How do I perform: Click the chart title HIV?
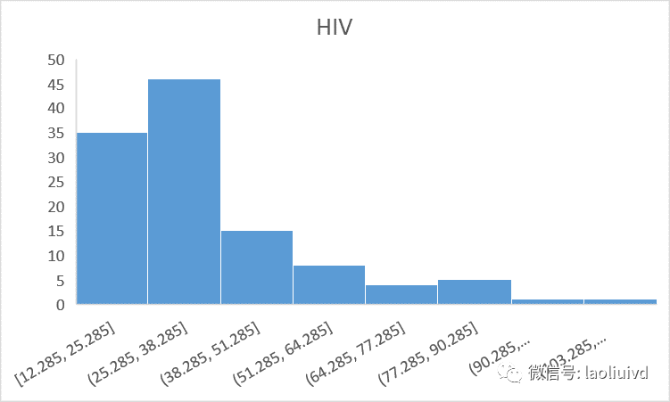(x=335, y=28)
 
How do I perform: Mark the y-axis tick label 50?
(x=56, y=60)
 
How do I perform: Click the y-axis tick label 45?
(x=56, y=85)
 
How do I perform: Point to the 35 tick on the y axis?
(x=56, y=134)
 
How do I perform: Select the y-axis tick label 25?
(x=56, y=183)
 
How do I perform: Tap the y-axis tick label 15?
(x=56, y=232)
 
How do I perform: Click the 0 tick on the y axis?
(x=61, y=305)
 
